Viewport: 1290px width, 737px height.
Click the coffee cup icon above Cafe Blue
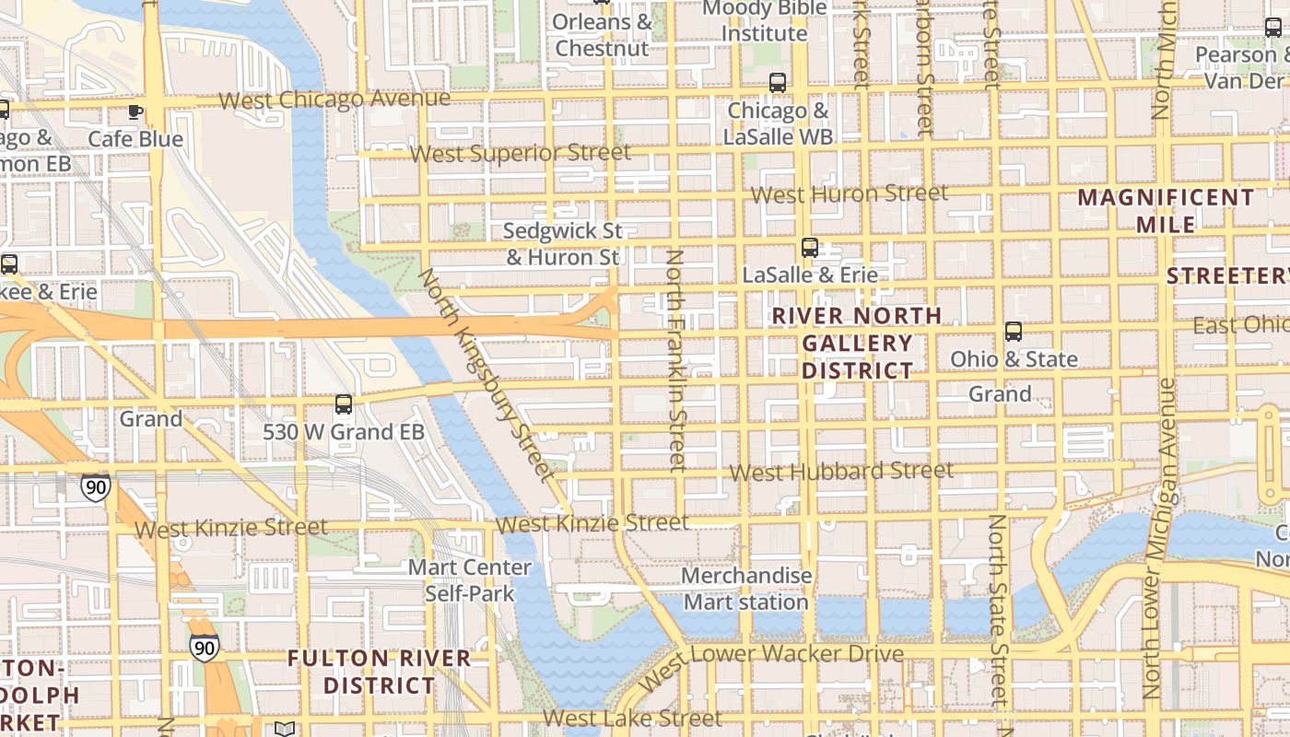coord(135,112)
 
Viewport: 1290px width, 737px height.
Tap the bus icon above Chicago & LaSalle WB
coord(778,83)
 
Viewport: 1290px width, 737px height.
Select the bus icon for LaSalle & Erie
coord(810,247)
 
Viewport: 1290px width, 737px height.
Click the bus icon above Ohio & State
coord(1014,332)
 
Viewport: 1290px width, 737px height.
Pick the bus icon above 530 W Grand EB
coord(344,404)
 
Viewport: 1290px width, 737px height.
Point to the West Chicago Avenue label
coord(334,99)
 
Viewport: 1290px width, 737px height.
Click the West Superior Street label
coord(521,153)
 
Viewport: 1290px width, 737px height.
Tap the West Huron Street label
coord(849,194)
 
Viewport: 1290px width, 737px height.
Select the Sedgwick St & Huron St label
coord(563,244)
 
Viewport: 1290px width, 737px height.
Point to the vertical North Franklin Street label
coord(677,360)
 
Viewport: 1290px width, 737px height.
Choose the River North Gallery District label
coord(857,343)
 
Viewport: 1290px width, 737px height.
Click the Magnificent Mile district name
coord(1166,211)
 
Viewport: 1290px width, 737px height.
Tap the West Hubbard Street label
coord(841,472)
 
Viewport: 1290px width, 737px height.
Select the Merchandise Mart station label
coord(746,589)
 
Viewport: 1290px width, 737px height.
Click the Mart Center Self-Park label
coord(470,580)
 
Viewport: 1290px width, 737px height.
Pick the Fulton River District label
coord(379,672)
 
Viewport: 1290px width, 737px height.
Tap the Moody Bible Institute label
coord(764,21)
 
